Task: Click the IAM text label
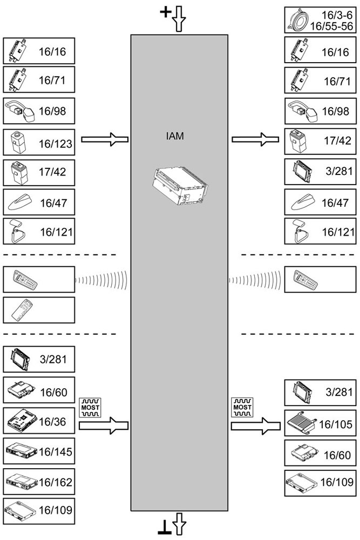pyautogui.click(x=175, y=137)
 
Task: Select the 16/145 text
pyautogui.click(x=56, y=450)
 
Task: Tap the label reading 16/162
pyautogui.click(x=56, y=481)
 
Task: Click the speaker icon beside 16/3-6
pyautogui.click(x=299, y=19)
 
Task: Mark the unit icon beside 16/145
pyautogui.click(x=21, y=450)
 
